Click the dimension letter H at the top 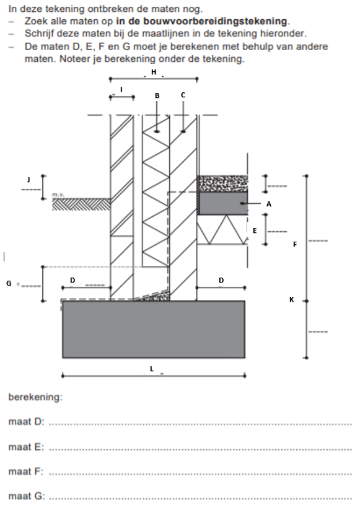click(x=154, y=72)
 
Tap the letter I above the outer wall click(x=121, y=89)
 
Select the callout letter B click(x=157, y=95)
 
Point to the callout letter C click(x=183, y=95)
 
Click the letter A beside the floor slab click(x=269, y=204)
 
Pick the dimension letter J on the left click(x=29, y=180)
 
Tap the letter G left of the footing click(x=9, y=283)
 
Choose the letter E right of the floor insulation click(x=255, y=230)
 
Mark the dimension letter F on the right click(x=295, y=244)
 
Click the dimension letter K click(x=292, y=299)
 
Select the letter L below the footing click(x=152, y=369)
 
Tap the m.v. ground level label click(x=58, y=195)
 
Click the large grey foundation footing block click(x=154, y=329)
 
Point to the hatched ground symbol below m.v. click(x=81, y=204)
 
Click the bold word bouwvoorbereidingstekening click(x=201, y=21)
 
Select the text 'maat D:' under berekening click(x=26, y=421)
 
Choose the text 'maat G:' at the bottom click(x=27, y=496)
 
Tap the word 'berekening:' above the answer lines click(x=35, y=397)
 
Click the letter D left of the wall click(x=72, y=280)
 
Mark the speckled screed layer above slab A click(x=222, y=183)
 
